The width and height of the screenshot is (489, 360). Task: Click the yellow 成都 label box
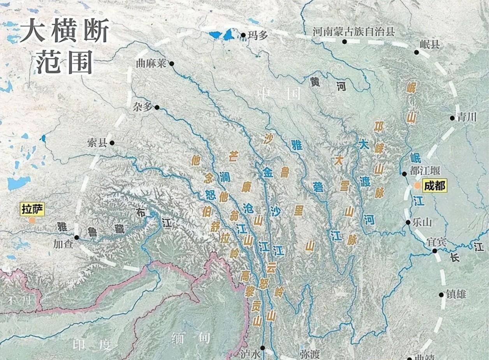click(x=434, y=186)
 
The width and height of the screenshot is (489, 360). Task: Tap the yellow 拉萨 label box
click(x=32, y=209)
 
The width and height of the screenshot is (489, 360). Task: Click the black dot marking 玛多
click(x=243, y=35)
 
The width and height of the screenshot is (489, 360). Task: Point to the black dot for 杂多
click(x=157, y=107)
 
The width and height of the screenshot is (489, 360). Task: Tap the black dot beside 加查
click(x=77, y=237)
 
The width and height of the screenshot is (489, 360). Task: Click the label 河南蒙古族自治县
click(x=354, y=32)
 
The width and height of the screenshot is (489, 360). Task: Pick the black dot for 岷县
click(x=416, y=52)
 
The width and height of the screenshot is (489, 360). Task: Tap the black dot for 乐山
click(x=408, y=223)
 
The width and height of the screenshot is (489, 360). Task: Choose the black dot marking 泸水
click(x=262, y=348)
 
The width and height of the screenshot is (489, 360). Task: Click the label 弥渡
click(x=310, y=354)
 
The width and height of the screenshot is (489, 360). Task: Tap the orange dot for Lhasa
click(x=32, y=220)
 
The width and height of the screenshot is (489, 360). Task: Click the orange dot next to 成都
click(x=417, y=186)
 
